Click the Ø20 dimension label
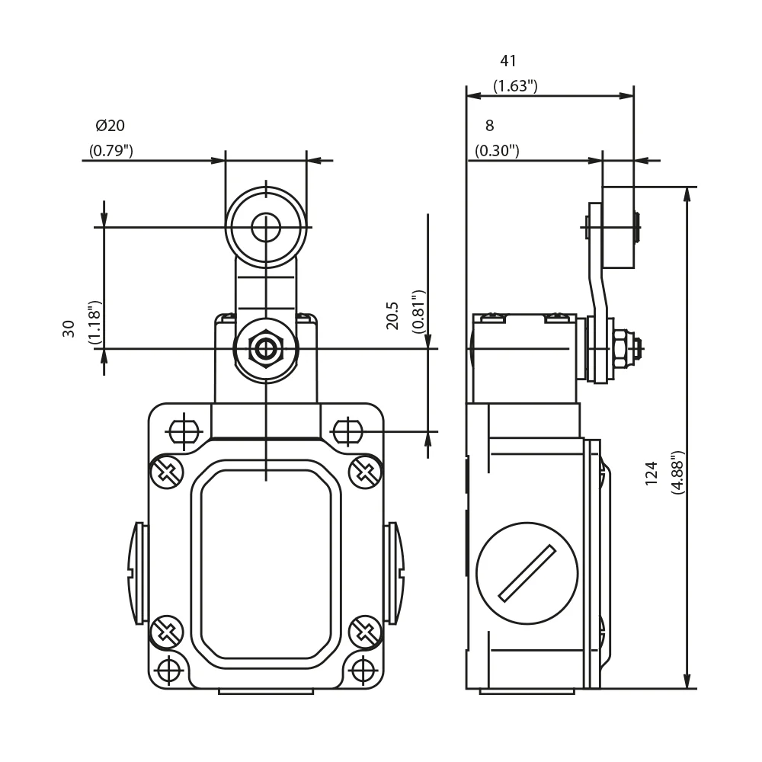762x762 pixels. [x=110, y=126]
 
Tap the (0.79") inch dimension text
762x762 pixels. [x=110, y=151]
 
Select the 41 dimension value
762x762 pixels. [x=507, y=61]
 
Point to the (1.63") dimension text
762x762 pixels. [x=515, y=86]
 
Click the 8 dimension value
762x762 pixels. [x=490, y=126]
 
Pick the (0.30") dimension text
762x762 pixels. [x=497, y=151]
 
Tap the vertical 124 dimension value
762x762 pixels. [x=652, y=473]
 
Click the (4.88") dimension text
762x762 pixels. [x=677, y=473]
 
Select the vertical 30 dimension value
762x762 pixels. [x=69, y=329]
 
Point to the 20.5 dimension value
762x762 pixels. [x=392, y=316]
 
